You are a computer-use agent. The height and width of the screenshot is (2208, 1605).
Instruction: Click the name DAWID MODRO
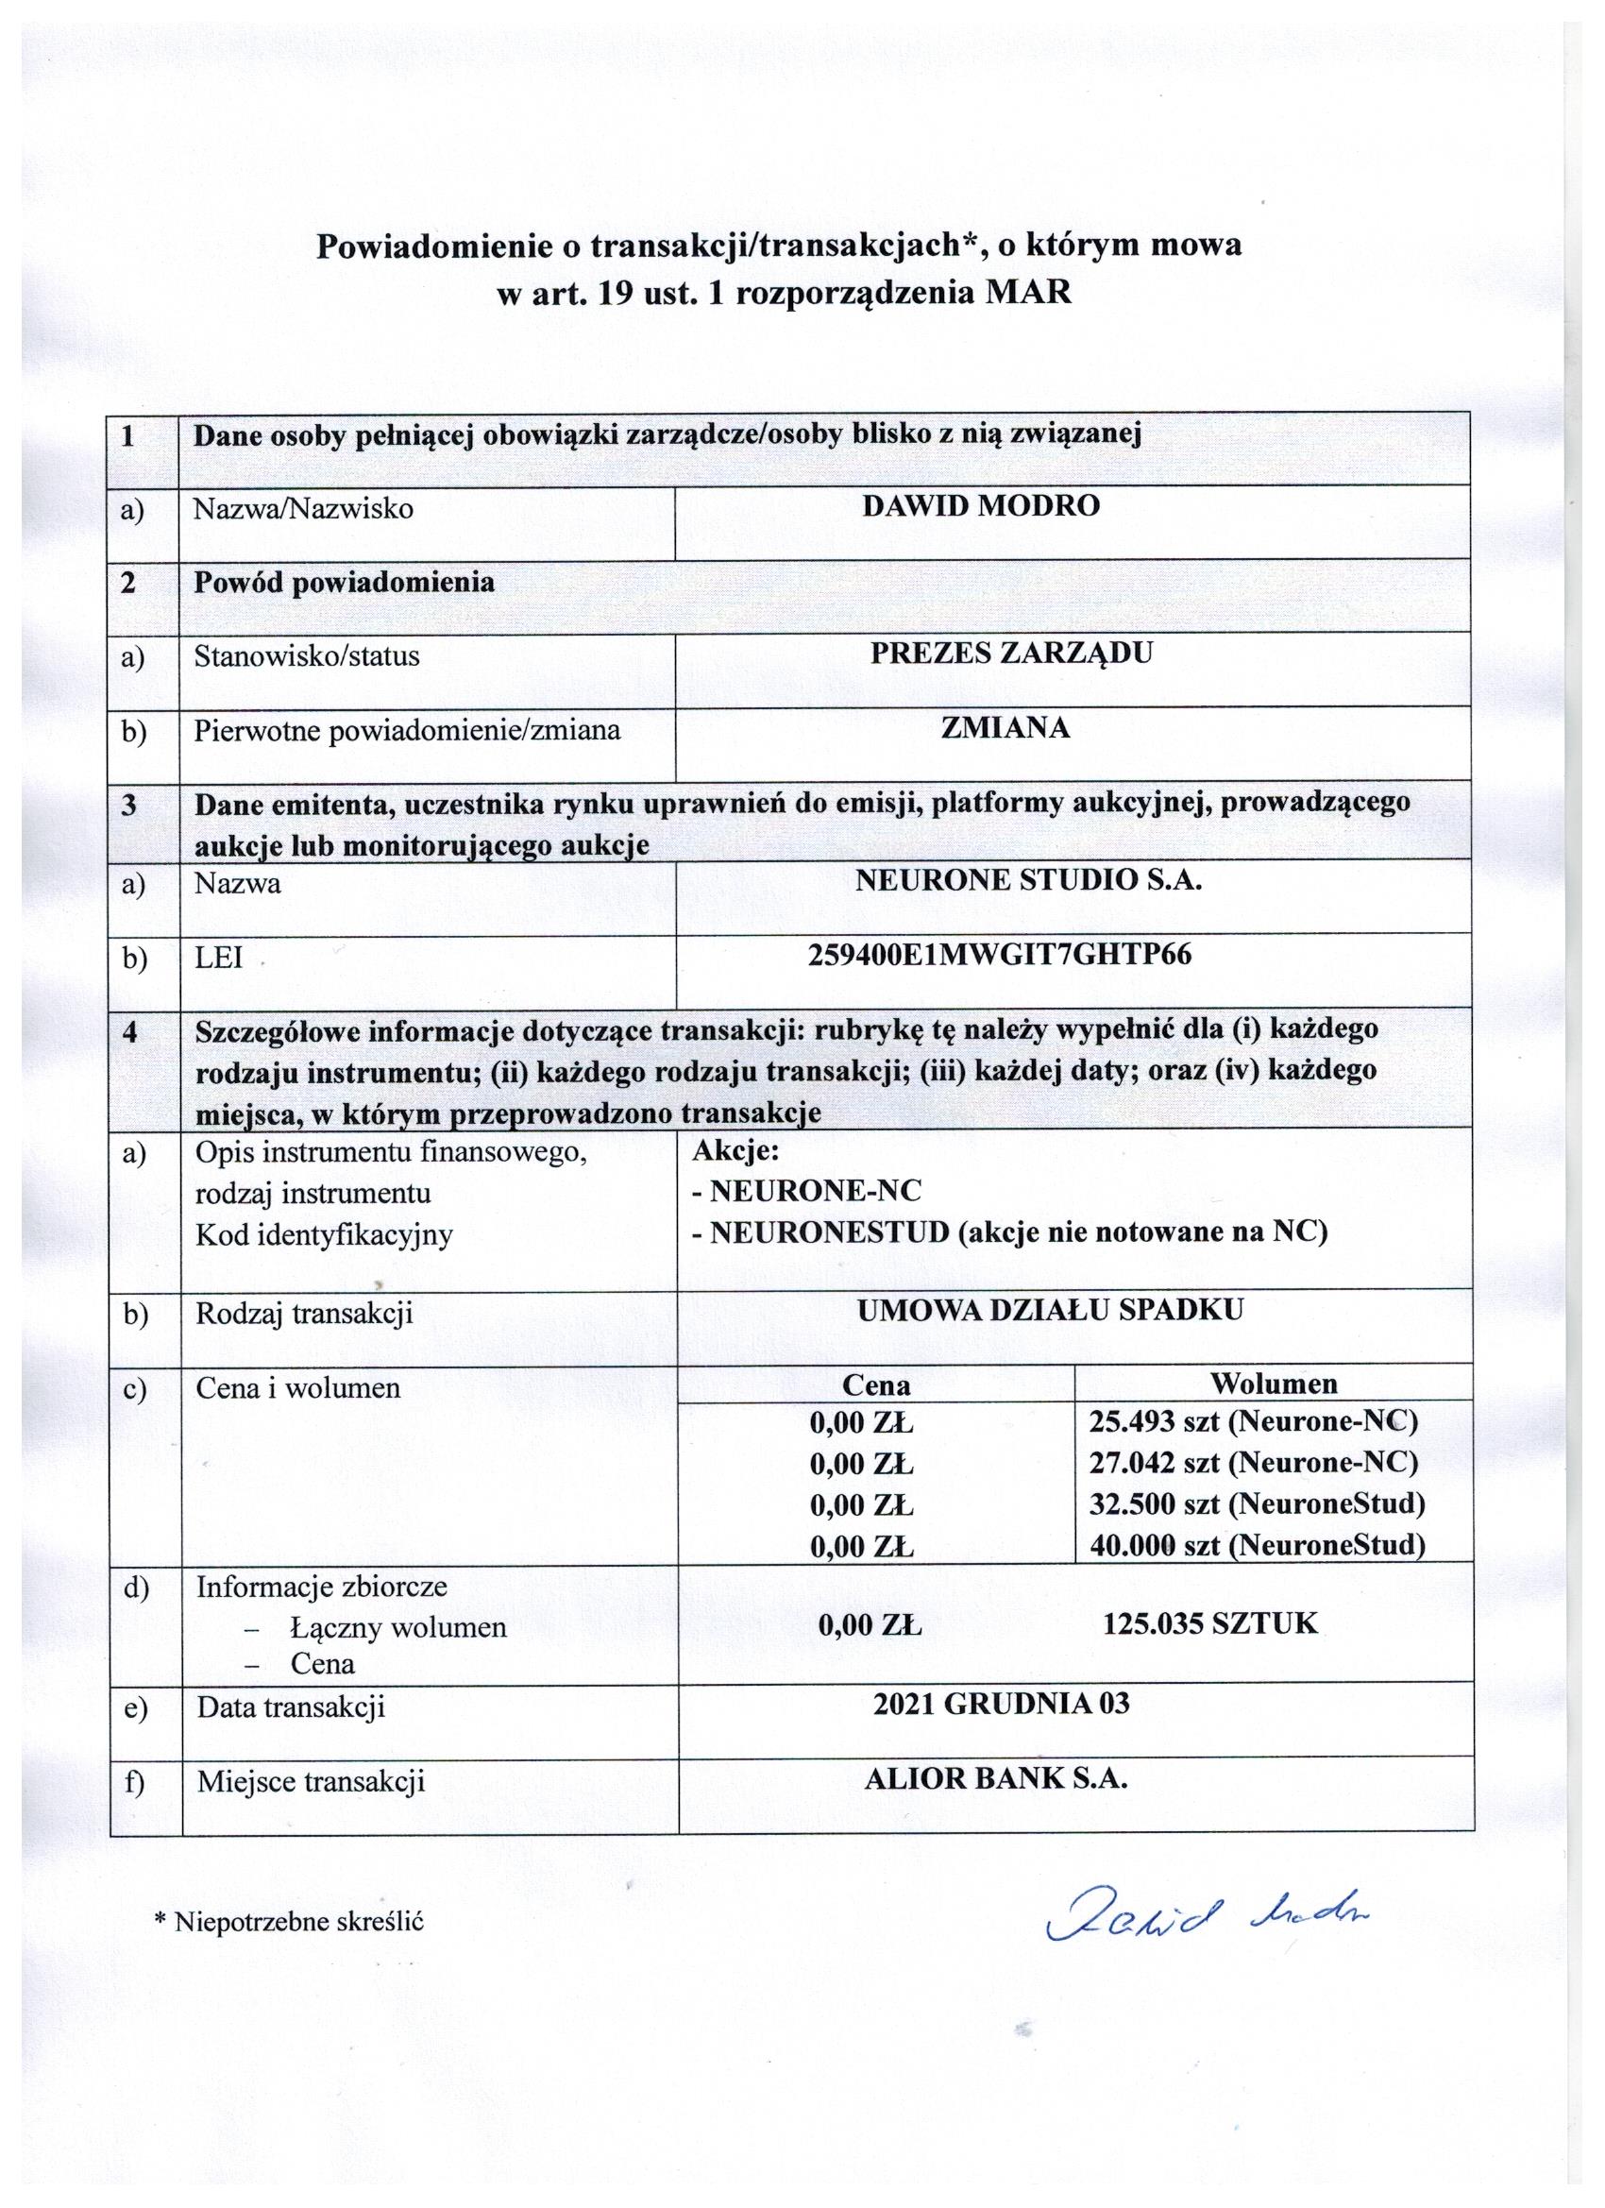[x=980, y=506]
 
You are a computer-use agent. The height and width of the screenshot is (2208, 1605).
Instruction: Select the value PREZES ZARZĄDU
[x=1010, y=653]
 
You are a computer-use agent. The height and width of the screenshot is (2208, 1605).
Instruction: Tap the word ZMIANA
[x=1005, y=728]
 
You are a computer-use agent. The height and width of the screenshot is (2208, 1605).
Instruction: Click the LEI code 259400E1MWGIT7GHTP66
[x=1000, y=955]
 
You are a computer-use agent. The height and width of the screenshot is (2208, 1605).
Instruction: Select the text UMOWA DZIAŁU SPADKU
[x=1050, y=1310]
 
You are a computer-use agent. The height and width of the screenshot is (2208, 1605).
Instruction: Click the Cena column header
[x=876, y=1384]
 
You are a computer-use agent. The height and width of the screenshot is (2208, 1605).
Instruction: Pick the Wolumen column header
[x=1273, y=1383]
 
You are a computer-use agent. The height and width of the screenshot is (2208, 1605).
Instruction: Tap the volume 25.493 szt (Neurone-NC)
[x=1254, y=1421]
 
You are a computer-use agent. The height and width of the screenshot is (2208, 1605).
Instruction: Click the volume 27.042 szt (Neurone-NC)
[x=1254, y=1462]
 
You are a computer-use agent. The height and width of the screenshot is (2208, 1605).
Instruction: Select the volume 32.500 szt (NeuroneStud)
[x=1258, y=1503]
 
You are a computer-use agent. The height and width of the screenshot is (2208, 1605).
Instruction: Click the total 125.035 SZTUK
[x=1210, y=1622]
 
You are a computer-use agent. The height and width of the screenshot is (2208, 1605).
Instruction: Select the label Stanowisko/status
[x=307, y=655]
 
